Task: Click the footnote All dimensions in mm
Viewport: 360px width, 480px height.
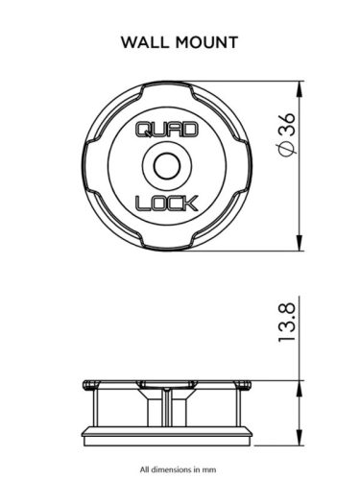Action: (180, 469)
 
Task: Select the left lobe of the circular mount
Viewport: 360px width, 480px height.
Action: (93, 166)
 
